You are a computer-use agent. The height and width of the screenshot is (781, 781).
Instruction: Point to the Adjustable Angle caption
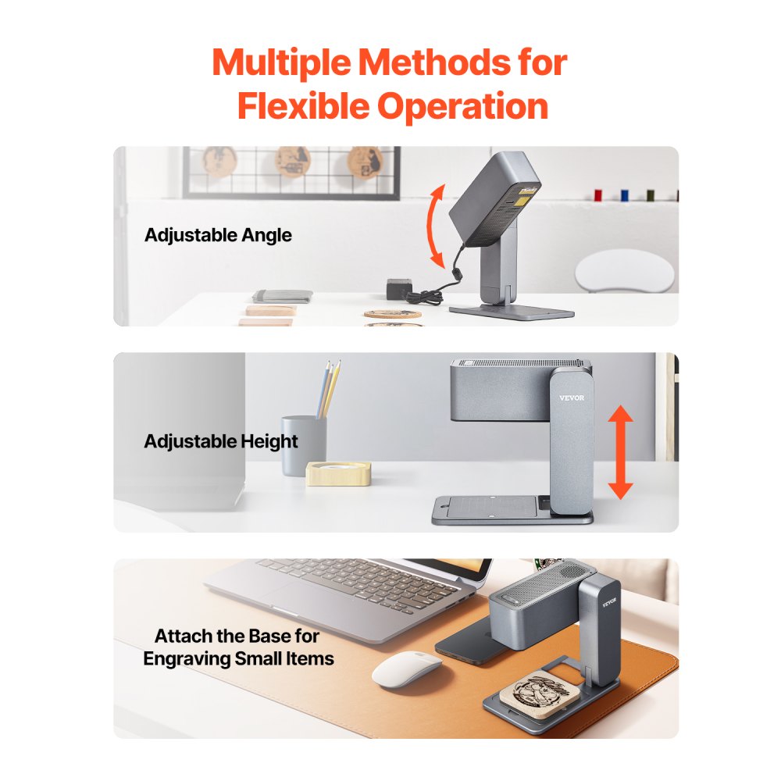(x=218, y=235)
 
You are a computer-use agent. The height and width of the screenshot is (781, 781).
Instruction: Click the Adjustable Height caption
(x=221, y=441)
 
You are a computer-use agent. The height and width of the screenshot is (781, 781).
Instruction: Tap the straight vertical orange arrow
(x=621, y=453)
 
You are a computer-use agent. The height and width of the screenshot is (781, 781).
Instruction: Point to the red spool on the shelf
(x=597, y=194)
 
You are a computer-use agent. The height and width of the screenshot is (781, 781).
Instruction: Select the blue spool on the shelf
(x=624, y=194)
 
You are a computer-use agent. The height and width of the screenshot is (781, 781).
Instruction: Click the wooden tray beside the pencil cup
(x=338, y=473)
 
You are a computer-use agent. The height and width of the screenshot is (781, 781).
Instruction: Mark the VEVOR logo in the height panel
(x=572, y=398)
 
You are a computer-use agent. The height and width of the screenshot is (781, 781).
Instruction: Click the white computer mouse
(x=405, y=669)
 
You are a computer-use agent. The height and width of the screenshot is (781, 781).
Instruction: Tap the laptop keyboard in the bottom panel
(x=367, y=582)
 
